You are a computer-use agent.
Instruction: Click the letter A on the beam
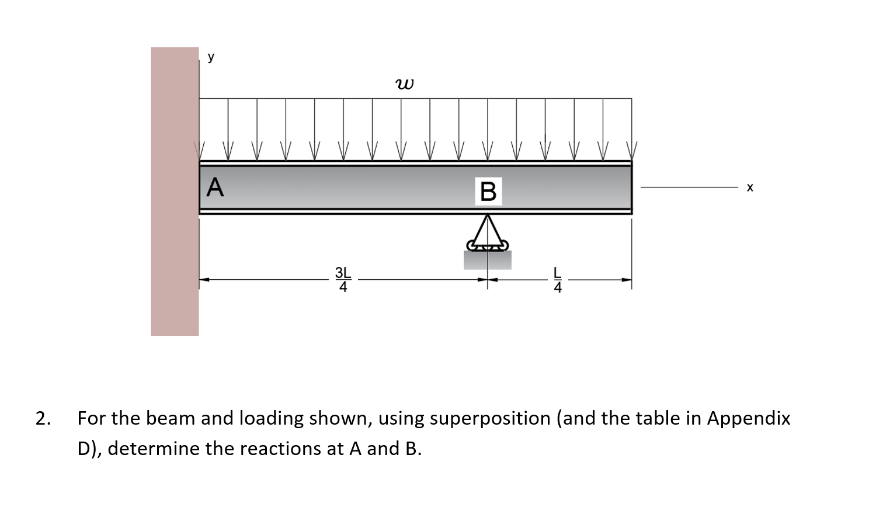point(215,187)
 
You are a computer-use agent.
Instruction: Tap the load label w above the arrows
point(404,85)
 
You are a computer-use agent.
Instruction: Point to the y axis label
point(211,57)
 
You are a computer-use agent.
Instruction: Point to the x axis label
point(750,187)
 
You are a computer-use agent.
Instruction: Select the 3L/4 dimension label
point(343,280)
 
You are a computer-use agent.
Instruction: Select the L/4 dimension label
point(558,280)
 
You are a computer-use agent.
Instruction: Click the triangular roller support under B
point(488,232)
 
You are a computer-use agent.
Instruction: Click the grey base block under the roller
point(488,260)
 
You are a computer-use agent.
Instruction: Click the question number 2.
point(42,418)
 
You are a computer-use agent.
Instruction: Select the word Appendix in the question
point(749,419)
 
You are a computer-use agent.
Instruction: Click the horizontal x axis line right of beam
point(689,187)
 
